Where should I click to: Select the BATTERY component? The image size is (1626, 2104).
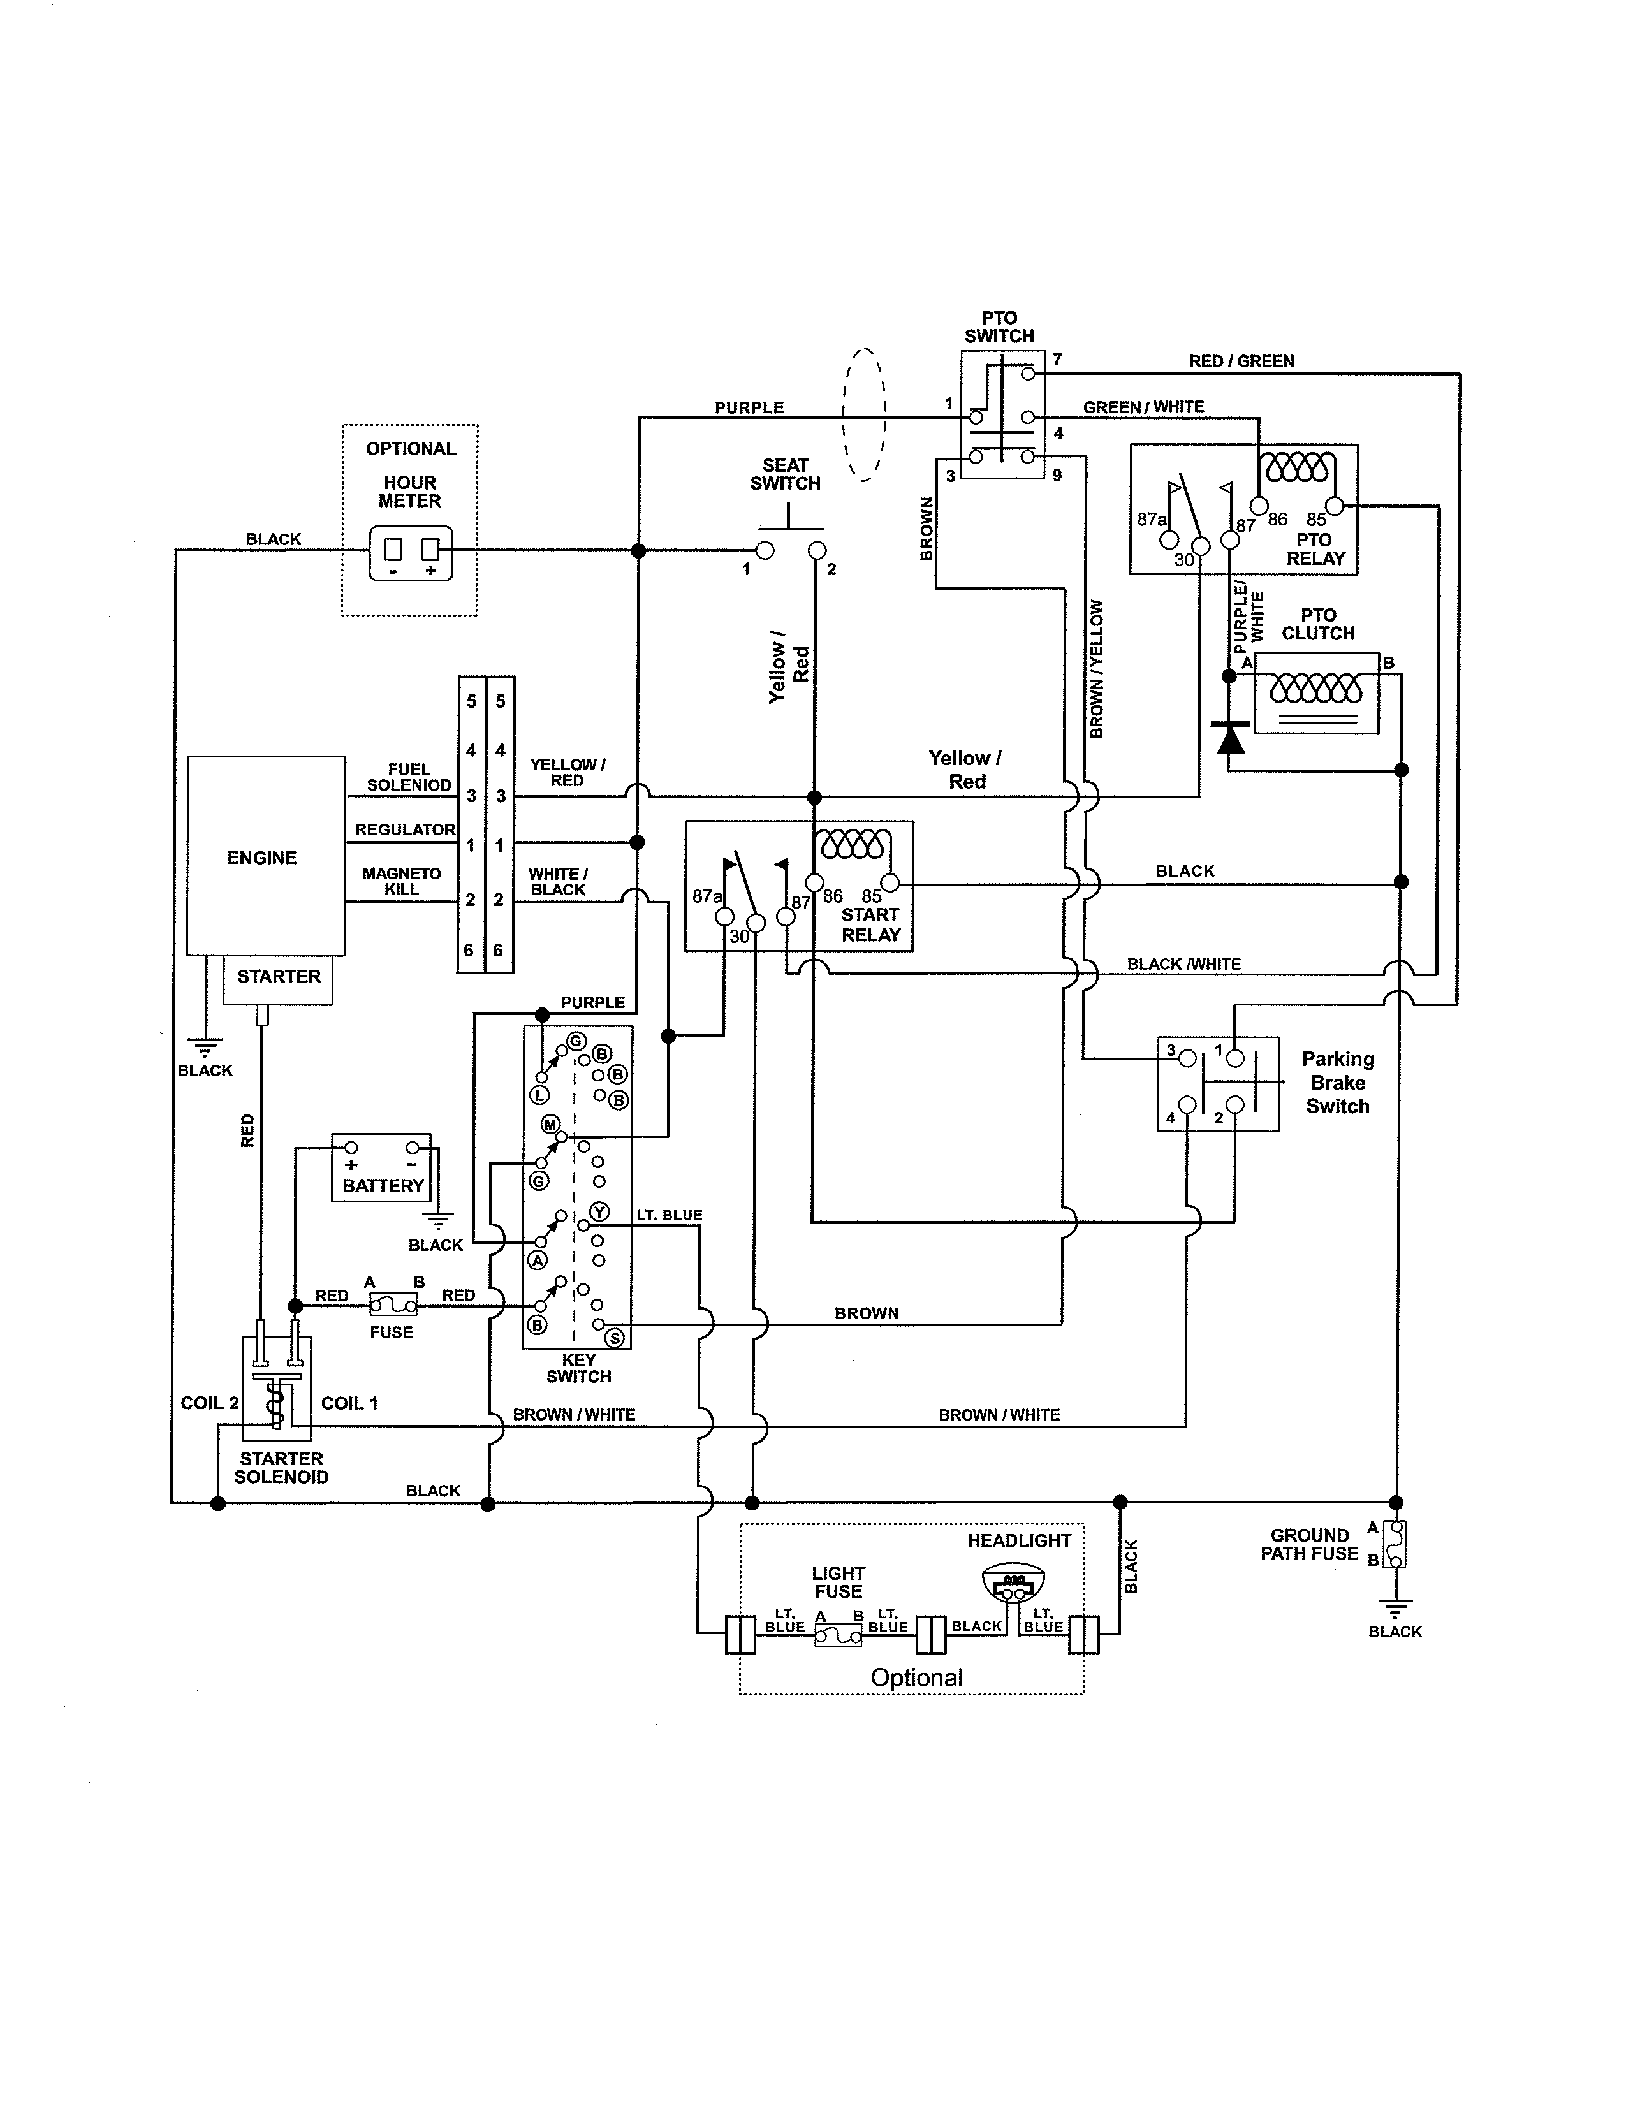[381, 1167]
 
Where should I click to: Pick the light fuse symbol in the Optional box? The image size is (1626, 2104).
[838, 1635]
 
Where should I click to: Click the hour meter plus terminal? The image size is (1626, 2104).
[430, 549]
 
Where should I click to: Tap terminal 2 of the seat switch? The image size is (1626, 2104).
[817, 550]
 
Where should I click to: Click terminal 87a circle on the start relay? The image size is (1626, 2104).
[724, 916]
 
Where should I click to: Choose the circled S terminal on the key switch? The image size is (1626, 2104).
[613, 1337]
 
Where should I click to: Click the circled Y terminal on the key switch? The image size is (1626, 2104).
[600, 1212]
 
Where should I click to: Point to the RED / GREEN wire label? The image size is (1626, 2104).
[1241, 362]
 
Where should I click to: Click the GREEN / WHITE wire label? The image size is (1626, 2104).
[1143, 407]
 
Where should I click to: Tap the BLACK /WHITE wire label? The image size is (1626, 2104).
[1184, 963]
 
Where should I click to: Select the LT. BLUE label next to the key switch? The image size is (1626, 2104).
[670, 1215]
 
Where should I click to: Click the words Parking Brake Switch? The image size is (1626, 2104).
[1338, 1082]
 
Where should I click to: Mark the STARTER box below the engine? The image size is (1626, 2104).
[279, 980]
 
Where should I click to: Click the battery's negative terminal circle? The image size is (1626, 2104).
[413, 1146]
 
